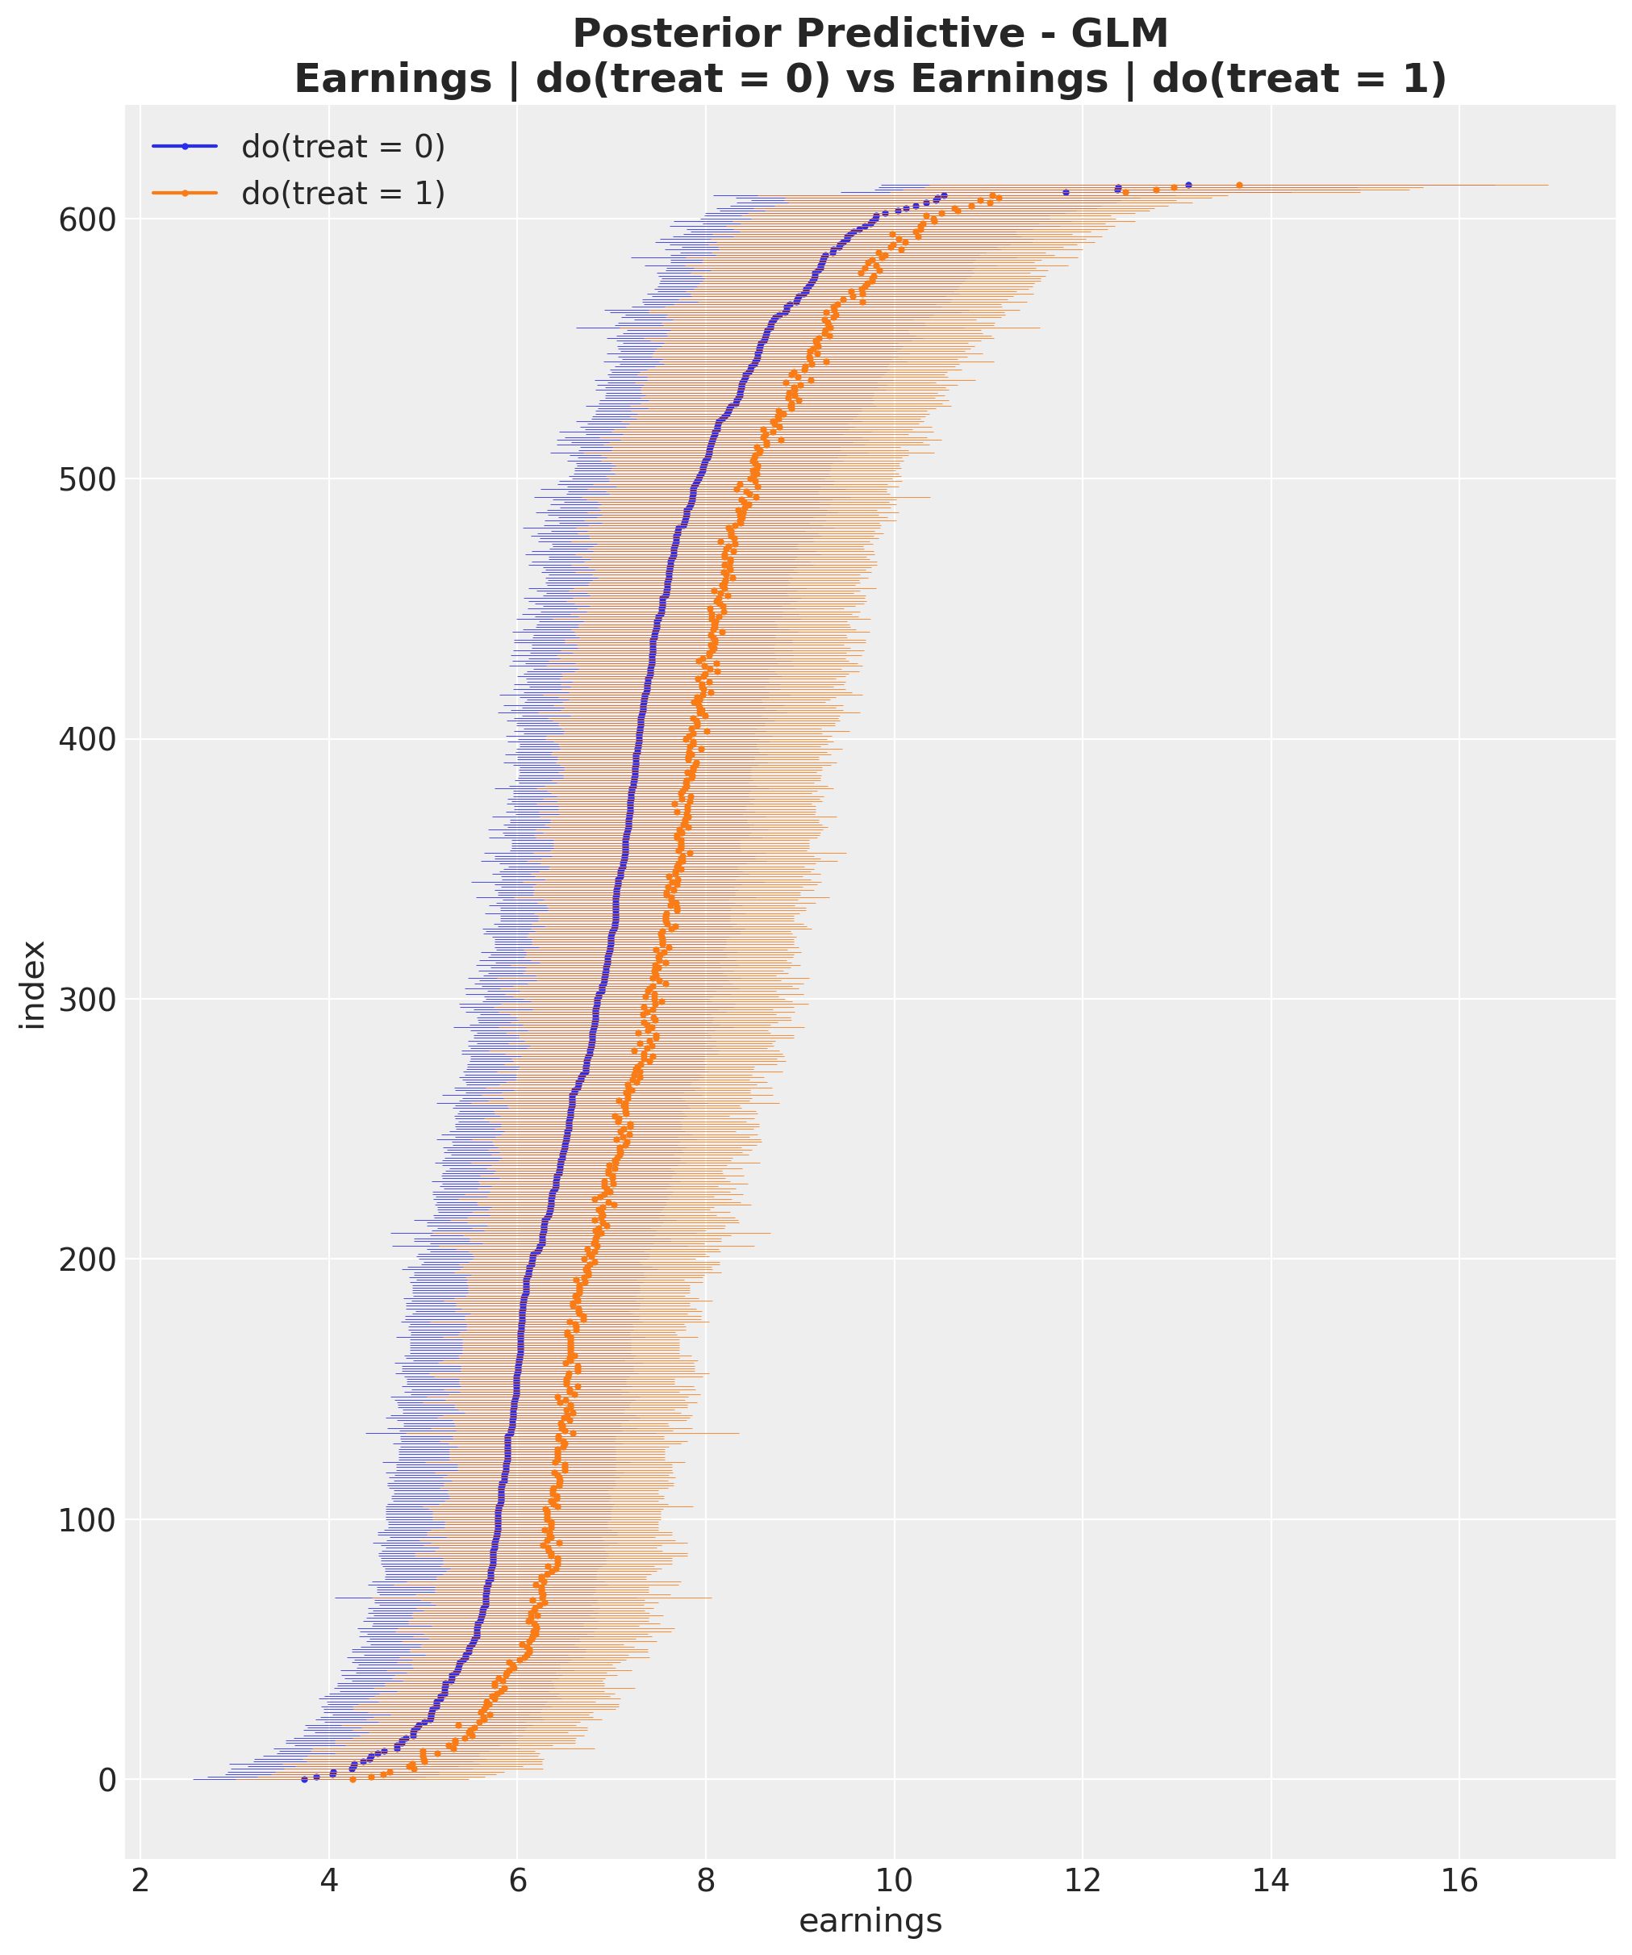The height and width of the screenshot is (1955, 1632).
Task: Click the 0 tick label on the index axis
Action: point(107,1780)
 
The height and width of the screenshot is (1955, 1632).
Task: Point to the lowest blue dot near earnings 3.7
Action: point(303,1780)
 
